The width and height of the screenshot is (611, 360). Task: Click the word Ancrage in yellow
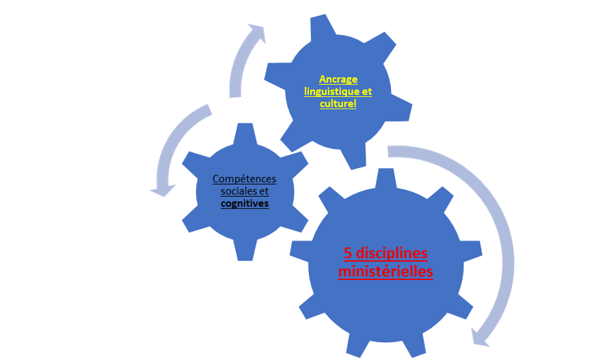tap(338, 79)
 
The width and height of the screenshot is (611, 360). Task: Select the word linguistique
tap(327, 92)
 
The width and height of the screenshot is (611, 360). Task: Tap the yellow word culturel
tap(338, 104)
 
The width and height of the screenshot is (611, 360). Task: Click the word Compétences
tap(244, 179)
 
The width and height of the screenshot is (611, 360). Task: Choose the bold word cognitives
tap(244, 204)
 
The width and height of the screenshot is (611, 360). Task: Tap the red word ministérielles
tap(385, 271)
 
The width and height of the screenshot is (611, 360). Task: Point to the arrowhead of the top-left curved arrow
tap(256, 32)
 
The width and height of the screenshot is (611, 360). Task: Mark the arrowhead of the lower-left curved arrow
tap(162, 188)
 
